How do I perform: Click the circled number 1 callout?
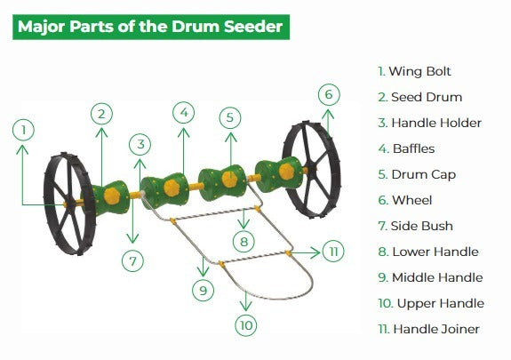[x=25, y=130]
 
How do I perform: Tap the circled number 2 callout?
[x=102, y=113]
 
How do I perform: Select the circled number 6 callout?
[x=328, y=94]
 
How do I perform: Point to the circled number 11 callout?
[x=332, y=252]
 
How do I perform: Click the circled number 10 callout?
[x=245, y=325]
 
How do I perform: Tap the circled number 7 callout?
[x=133, y=261]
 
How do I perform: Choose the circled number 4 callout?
[x=183, y=113]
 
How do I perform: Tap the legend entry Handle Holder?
[x=429, y=123]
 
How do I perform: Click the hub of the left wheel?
[x=68, y=204]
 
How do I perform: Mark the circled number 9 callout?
[x=203, y=289]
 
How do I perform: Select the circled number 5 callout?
[x=230, y=117]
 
